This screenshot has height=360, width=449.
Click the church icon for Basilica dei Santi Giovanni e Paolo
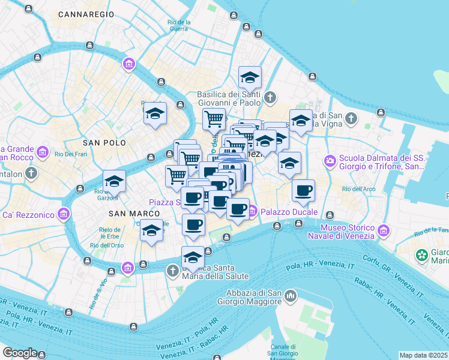pyautogui.click(x=270, y=97)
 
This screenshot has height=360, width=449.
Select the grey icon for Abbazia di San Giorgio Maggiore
pyautogui.click(x=291, y=296)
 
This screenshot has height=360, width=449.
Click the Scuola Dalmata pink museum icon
pyautogui.click(x=330, y=160)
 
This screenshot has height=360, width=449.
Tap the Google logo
pyautogui.click(x=19, y=353)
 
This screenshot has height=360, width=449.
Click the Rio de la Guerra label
pyautogui.click(x=179, y=25)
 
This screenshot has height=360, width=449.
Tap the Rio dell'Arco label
pyautogui.click(x=359, y=190)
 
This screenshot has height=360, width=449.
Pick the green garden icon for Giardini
pyautogui.click(x=422, y=256)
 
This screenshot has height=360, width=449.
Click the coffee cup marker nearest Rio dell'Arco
pyautogui.click(x=304, y=191)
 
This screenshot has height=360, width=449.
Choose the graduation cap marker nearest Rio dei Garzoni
pyautogui.click(x=114, y=181)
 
